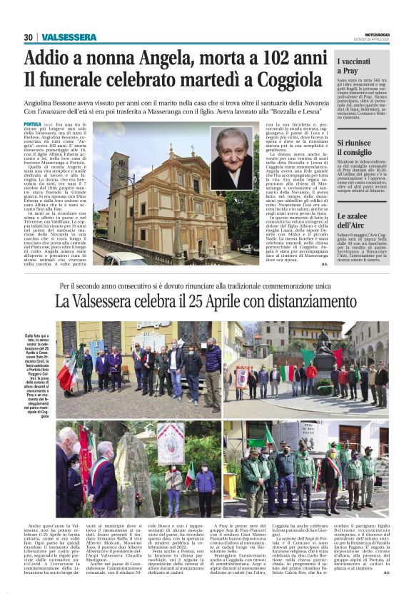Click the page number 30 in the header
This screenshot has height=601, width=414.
click(29, 37)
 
